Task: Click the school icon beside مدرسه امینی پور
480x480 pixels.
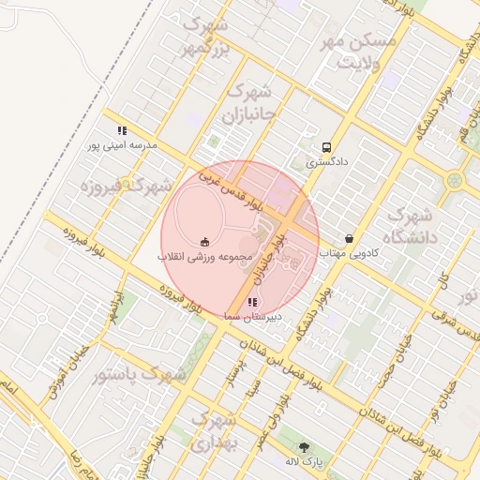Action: click(121, 131)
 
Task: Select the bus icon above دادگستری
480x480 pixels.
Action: click(326, 147)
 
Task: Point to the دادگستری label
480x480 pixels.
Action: click(326, 161)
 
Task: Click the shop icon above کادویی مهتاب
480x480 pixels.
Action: click(350, 239)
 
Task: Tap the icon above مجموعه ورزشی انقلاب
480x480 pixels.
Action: click(204, 242)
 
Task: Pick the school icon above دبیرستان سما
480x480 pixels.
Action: click(251, 303)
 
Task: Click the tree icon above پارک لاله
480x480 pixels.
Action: click(303, 448)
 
